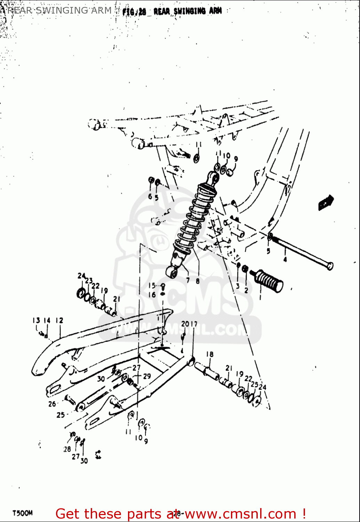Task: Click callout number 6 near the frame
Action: [150, 196]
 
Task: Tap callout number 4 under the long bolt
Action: [285, 259]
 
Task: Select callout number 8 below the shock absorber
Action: [198, 281]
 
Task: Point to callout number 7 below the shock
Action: [188, 280]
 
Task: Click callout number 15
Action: [152, 286]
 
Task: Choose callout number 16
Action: [152, 295]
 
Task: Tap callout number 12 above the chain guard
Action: [59, 320]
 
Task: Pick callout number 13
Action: [36, 320]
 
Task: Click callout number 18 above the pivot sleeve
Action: [210, 354]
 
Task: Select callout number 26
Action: [52, 404]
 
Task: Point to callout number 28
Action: [67, 449]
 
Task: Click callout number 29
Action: [147, 376]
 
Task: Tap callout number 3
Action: [238, 286]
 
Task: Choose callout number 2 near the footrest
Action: [246, 290]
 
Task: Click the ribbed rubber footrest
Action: [270, 280]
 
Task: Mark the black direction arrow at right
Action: [326, 203]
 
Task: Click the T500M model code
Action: [23, 513]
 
